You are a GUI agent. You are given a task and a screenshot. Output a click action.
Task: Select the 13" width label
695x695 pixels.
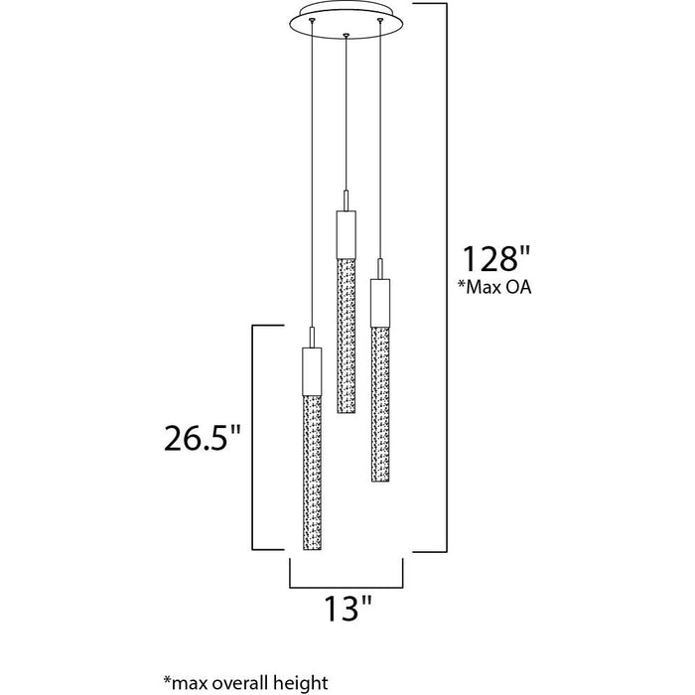click(346, 607)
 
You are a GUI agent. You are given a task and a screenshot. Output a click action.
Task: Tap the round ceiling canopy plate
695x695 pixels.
click(346, 21)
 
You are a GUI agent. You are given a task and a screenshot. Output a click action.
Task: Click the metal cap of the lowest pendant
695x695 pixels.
click(311, 368)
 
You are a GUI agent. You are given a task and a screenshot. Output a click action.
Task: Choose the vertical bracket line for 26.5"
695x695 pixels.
click(256, 437)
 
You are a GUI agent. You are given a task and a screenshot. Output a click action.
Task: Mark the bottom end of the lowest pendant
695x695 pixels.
click(311, 548)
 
